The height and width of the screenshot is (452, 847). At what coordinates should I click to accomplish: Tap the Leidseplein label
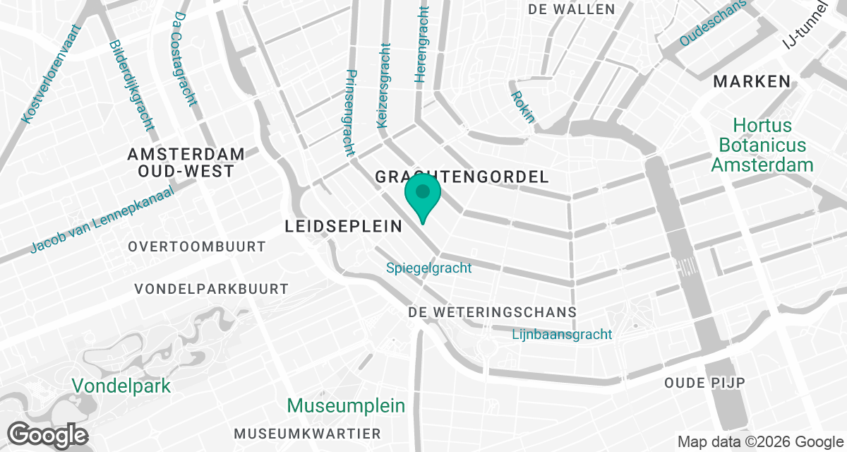(x=343, y=226)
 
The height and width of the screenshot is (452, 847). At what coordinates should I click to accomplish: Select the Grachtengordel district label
(x=462, y=177)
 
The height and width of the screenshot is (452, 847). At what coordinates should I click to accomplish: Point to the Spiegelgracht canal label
(x=429, y=268)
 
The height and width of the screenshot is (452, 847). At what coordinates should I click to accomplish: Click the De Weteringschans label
(x=493, y=312)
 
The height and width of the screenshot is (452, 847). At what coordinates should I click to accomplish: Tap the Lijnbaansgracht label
(x=562, y=335)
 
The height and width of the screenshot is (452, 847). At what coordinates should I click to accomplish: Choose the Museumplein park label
(x=347, y=406)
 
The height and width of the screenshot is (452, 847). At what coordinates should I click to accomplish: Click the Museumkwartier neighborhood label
(x=308, y=433)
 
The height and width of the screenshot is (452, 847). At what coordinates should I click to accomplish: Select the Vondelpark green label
(x=121, y=386)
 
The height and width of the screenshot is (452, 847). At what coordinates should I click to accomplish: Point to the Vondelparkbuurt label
(x=212, y=289)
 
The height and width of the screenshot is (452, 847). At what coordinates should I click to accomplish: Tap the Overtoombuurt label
(x=197, y=246)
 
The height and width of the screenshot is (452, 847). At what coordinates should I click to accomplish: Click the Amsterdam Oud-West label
(x=186, y=162)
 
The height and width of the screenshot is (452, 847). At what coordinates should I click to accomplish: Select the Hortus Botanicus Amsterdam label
(x=762, y=145)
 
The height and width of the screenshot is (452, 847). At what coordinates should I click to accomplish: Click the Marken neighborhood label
(x=752, y=81)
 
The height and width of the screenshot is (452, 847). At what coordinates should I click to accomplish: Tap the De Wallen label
(x=572, y=9)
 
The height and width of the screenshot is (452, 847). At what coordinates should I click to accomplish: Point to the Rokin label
(x=522, y=106)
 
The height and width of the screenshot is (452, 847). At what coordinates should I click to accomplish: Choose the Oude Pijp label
(x=705, y=383)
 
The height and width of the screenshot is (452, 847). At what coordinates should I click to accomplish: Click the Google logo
(x=48, y=434)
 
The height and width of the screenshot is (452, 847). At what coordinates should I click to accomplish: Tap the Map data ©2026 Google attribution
(x=761, y=442)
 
